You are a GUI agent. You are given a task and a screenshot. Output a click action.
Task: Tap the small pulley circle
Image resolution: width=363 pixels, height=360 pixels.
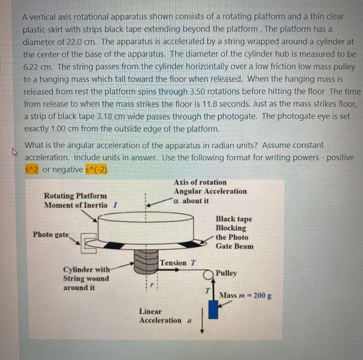(x=210, y=273)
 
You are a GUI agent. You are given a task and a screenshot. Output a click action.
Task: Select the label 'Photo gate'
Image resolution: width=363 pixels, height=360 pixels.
(x=50, y=234)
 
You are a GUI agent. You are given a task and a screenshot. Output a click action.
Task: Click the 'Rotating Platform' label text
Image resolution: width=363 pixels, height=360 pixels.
(x=76, y=196)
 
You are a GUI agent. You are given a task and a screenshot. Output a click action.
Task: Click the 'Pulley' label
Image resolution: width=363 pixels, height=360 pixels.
(x=226, y=273)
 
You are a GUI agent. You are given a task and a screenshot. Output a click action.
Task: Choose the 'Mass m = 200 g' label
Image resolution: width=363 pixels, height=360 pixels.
(x=246, y=296)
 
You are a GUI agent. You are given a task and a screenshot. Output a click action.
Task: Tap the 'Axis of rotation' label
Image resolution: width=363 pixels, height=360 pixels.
(x=200, y=182)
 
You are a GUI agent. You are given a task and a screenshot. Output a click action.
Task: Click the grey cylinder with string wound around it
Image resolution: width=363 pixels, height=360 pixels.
(x=144, y=261)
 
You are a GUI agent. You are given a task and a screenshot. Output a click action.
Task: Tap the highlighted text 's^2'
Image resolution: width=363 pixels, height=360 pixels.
(x=32, y=169)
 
